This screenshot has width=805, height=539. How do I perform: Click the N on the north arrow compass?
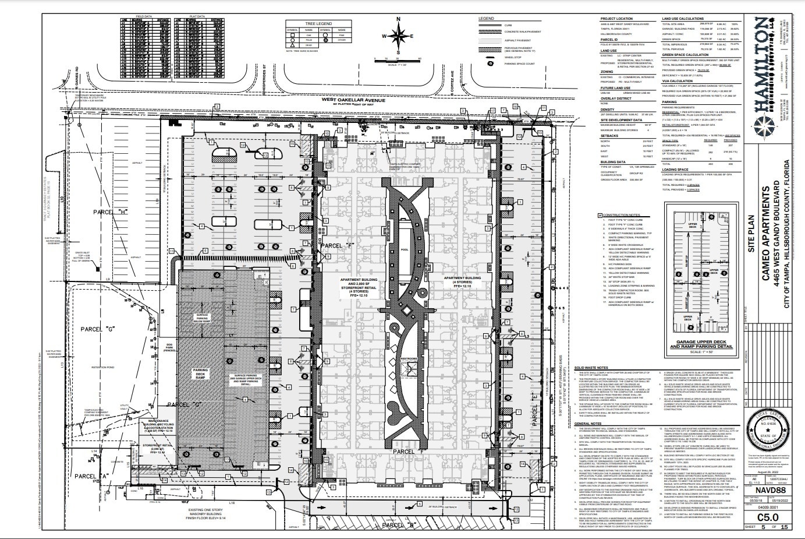398,19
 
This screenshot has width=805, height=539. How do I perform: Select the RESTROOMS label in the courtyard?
407,358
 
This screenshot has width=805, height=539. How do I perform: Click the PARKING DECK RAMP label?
201,373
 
